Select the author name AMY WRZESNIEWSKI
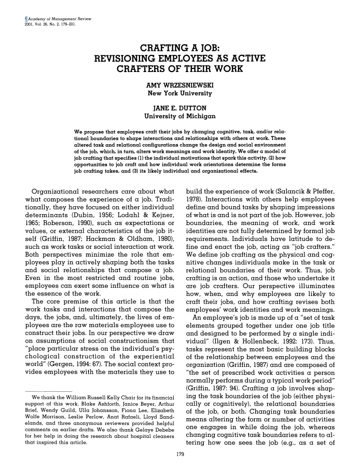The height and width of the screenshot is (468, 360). [179, 84]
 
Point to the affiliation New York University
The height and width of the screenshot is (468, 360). [179, 93]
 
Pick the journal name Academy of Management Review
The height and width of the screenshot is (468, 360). [50, 18]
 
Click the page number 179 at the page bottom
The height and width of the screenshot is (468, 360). [179, 455]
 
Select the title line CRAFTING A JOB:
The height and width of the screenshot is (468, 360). [179, 47]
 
